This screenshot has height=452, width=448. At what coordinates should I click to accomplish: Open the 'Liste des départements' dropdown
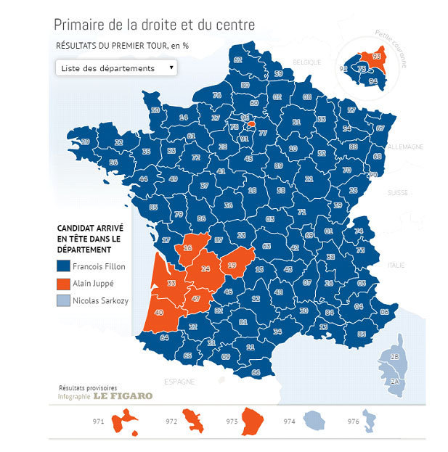pos(115,68)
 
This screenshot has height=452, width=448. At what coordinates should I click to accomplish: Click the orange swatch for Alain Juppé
pos(63,283)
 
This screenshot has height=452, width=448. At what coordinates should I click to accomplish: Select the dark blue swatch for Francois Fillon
pos(63,266)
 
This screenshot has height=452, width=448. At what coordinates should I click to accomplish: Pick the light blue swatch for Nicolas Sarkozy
pos(63,300)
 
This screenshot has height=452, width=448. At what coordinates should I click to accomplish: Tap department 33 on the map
pos(171,283)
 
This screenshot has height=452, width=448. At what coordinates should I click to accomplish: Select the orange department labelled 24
pos(205,269)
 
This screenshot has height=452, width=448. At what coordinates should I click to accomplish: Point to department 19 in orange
pos(232,265)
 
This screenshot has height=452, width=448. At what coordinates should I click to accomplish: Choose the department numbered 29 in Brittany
pos(86,141)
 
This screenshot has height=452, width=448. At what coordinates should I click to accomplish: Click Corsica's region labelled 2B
pos(394,358)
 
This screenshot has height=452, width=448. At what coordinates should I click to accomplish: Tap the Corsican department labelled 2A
pos(394,380)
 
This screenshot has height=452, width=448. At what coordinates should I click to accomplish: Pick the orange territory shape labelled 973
pos(253,421)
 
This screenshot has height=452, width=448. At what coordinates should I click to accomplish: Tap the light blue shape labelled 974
pos(314,419)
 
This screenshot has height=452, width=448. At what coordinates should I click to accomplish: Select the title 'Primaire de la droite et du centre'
pos(155,24)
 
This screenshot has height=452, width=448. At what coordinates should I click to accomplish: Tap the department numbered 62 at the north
pos(238,59)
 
